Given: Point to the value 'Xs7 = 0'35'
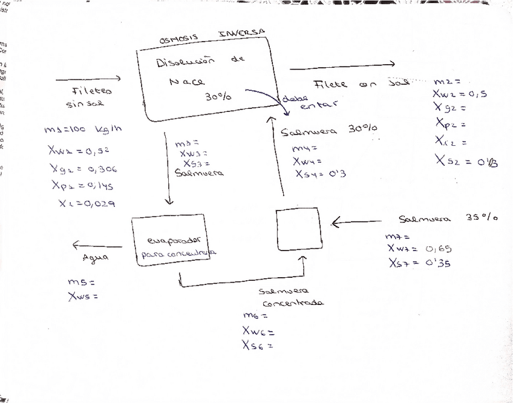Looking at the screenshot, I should (x=421, y=264).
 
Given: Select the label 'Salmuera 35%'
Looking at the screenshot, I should (x=448, y=218).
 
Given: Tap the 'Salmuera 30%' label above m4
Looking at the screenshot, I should (x=329, y=130).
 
